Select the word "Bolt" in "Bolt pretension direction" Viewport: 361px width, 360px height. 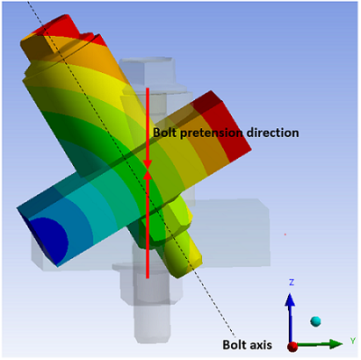tap(165, 133)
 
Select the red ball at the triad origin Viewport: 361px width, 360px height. tap(291, 345)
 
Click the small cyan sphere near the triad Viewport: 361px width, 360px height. tap(316, 320)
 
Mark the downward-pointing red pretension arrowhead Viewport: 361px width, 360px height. tap(148, 162)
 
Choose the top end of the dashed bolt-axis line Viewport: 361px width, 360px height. tap(31, 4)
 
